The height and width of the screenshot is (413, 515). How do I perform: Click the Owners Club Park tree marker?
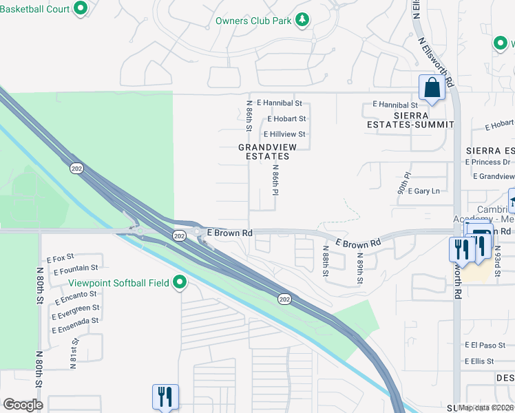click(302, 21)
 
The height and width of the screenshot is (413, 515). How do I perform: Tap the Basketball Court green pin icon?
click(81, 9)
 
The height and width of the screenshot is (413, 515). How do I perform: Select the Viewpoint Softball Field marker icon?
click(180, 283)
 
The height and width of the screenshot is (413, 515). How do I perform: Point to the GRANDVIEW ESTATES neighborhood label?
click(264, 152)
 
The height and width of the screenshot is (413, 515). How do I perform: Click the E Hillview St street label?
click(284, 134)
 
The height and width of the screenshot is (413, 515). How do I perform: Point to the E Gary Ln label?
click(423, 191)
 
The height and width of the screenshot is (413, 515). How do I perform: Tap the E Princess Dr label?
click(487, 162)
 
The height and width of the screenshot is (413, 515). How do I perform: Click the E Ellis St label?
click(480, 361)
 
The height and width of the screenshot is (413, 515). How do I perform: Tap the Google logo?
click(23, 405)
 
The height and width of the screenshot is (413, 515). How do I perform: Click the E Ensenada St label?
click(75, 321)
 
